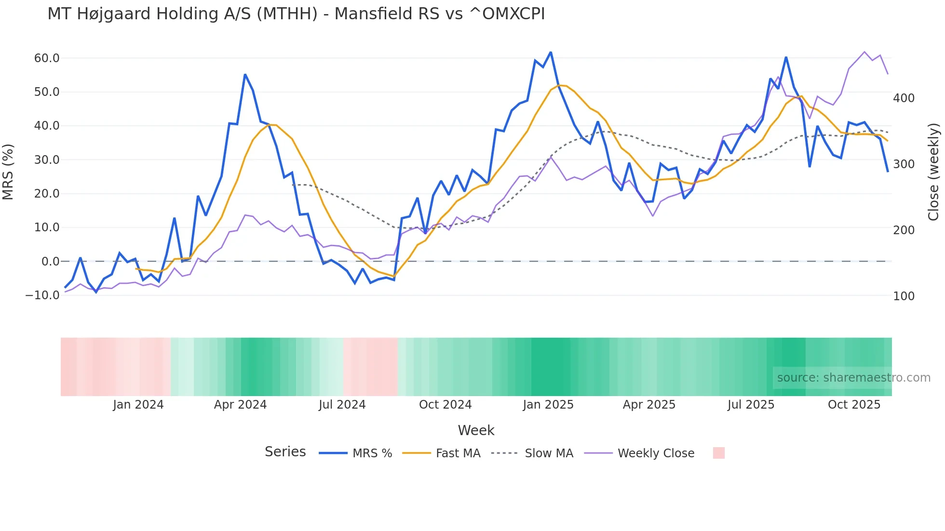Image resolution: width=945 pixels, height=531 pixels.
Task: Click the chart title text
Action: coord(296,14)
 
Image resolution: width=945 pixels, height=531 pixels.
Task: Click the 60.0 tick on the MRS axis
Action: coord(47,58)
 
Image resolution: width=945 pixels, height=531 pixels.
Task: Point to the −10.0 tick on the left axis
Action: coord(42,295)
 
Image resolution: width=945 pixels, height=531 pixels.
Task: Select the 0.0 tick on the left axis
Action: coord(50,262)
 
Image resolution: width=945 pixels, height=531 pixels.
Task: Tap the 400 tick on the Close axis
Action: coord(904,98)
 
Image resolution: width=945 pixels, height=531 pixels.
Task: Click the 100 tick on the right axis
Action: coord(904,296)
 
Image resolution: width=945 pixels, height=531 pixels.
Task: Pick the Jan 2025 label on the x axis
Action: coord(548,405)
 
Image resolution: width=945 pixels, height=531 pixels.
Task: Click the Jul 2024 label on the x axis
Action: coord(342,405)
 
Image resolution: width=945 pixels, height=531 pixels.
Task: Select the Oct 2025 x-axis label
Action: coord(854,405)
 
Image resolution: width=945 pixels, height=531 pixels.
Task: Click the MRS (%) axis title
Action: coord(8,172)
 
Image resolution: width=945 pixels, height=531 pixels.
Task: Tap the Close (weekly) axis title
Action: coord(933,172)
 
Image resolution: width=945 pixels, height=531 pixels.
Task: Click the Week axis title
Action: coord(476,430)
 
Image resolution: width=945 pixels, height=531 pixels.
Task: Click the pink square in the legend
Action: coord(718,453)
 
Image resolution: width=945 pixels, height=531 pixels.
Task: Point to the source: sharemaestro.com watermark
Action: coord(853,378)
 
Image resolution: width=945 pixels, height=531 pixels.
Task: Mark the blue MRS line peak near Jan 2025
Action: coord(551,52)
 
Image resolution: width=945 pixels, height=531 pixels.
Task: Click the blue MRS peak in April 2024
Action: coord(245,75)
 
